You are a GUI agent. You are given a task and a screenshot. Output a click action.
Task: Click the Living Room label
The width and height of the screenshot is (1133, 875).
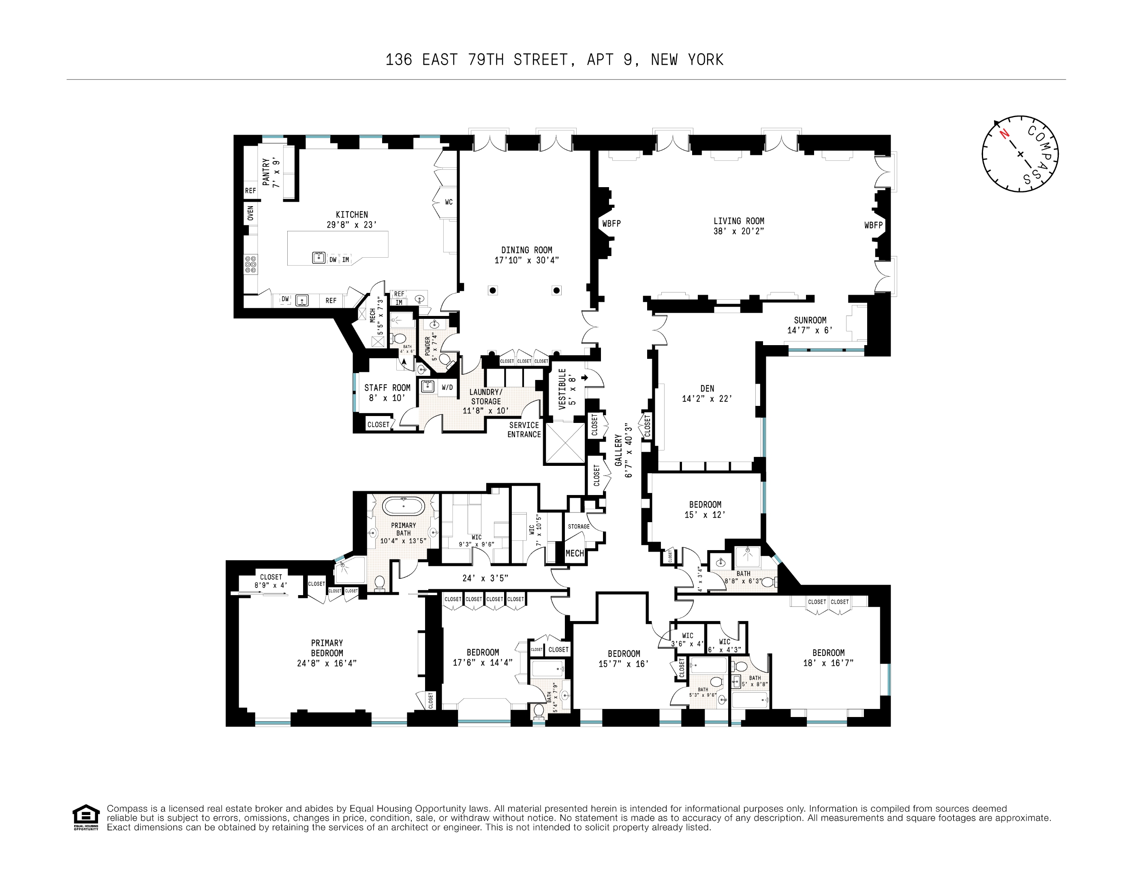point(738,221)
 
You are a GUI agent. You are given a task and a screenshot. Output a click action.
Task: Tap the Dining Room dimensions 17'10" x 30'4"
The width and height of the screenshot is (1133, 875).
point(526,260)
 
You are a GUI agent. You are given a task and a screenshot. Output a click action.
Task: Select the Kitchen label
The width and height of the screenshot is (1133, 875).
point(352,215)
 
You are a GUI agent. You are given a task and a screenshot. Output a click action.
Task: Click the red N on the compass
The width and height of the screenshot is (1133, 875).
point(1004,134)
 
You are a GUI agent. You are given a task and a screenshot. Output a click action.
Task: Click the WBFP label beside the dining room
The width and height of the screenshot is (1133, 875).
point(611,224)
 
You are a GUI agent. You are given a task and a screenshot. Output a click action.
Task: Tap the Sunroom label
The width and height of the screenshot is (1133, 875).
point(810,320)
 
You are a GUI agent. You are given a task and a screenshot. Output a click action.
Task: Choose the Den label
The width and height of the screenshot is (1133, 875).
point(707,388)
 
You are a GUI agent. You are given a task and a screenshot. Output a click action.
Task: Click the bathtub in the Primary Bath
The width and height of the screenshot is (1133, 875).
point(403,505)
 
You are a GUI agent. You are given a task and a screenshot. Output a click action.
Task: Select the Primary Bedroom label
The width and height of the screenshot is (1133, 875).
point(327,648)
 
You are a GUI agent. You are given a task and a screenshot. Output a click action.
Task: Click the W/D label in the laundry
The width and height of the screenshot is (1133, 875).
point(447,387)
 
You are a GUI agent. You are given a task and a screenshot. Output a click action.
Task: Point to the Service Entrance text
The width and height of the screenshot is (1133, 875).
point(524,430)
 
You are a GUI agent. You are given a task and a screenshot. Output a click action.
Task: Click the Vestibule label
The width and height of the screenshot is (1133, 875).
point(563,389)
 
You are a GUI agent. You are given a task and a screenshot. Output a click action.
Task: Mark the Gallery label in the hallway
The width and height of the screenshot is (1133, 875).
point(618,450)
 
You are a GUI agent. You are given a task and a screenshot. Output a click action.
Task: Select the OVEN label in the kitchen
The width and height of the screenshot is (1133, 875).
point(250,213)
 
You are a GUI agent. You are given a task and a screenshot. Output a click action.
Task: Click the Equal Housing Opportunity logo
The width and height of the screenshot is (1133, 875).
point(86,817)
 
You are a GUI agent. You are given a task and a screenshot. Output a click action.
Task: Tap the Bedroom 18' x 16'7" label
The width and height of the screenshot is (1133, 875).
point(828,653)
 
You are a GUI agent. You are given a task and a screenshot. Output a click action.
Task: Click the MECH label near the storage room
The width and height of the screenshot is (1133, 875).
point(574,553)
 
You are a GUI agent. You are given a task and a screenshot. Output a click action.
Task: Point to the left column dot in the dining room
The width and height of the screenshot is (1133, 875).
point(493,290)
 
